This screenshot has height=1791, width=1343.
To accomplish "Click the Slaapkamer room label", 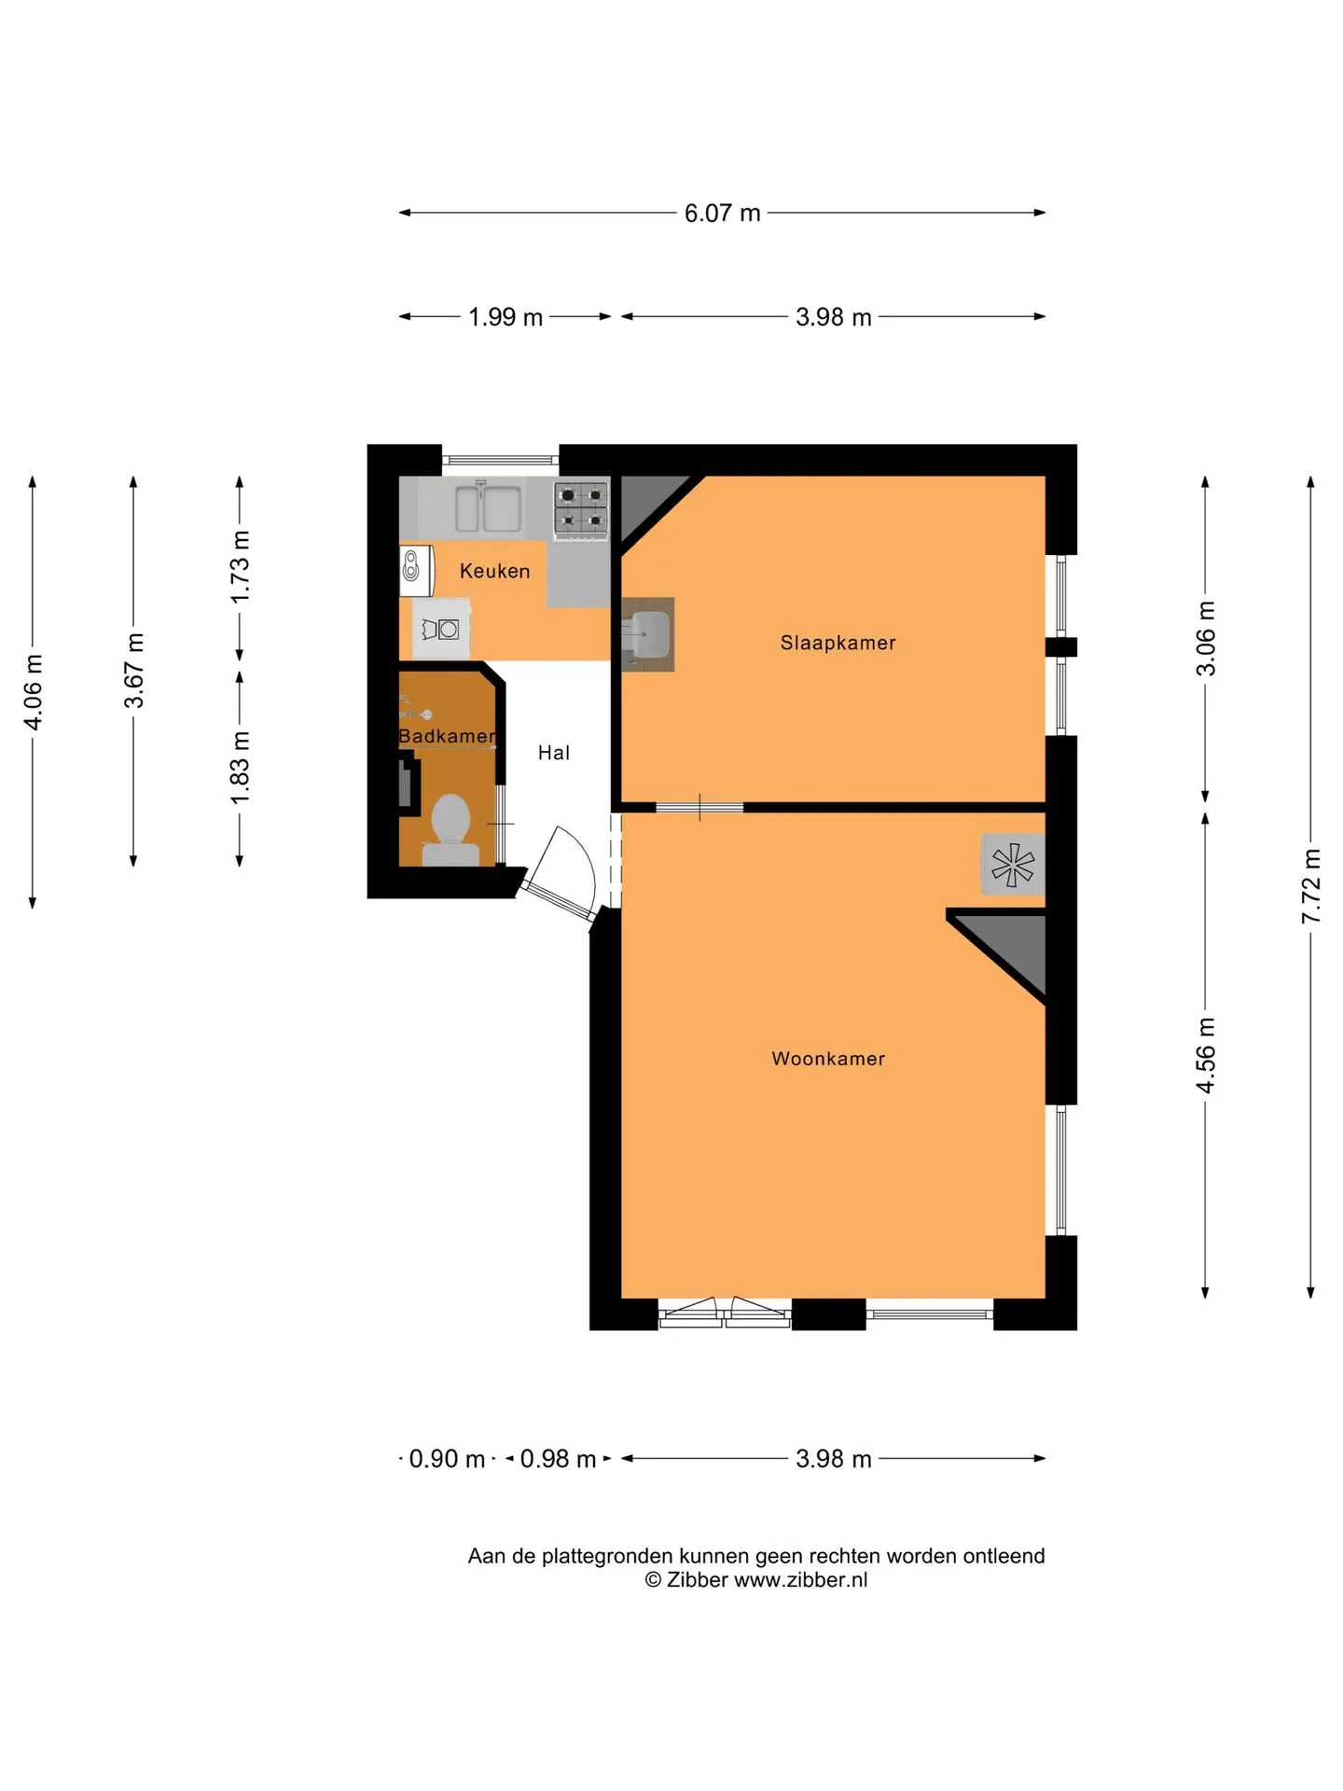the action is (838, 643).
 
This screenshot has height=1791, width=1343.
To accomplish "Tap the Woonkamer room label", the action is (828, 1059).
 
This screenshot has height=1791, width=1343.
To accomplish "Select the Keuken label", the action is (494, 571).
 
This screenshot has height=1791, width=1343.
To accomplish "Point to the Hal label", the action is (553, 753).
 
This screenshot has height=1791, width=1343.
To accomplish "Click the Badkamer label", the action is (447, 736).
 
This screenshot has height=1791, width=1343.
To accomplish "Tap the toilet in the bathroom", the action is (450, 829).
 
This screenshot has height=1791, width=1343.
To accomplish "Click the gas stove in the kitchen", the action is (581, 508).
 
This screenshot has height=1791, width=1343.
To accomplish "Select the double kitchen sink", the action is (488, 507).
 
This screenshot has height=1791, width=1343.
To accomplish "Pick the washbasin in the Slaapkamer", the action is (647, 634).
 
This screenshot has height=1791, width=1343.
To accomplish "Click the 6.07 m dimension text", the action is (723, 214).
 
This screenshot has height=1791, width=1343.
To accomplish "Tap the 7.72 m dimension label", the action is (1311, 886).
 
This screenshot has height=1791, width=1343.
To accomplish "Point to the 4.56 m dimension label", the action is (1206, 1055).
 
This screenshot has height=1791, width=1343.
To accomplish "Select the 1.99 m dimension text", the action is (505, 317).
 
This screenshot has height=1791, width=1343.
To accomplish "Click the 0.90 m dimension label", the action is (447, 1459).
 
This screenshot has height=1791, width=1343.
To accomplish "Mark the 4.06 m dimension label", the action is (33, 692).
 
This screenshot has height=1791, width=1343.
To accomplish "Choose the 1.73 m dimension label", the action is (241, 566).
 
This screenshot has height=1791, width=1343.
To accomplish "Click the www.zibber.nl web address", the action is (801, 1579).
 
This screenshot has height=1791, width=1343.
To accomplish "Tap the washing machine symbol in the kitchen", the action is (440, 630).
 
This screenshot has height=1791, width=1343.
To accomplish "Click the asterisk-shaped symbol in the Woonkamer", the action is (1013, 864).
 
